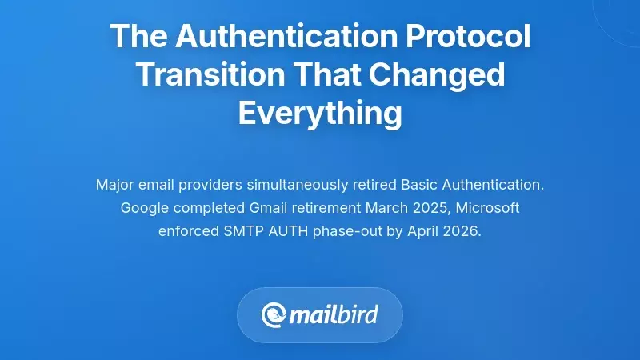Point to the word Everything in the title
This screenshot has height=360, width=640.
click(320, 114)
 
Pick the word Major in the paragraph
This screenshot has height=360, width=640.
click(115, 185)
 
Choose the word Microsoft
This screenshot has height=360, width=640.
click(486, 208)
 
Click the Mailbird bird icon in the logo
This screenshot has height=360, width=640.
click(274, 314)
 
